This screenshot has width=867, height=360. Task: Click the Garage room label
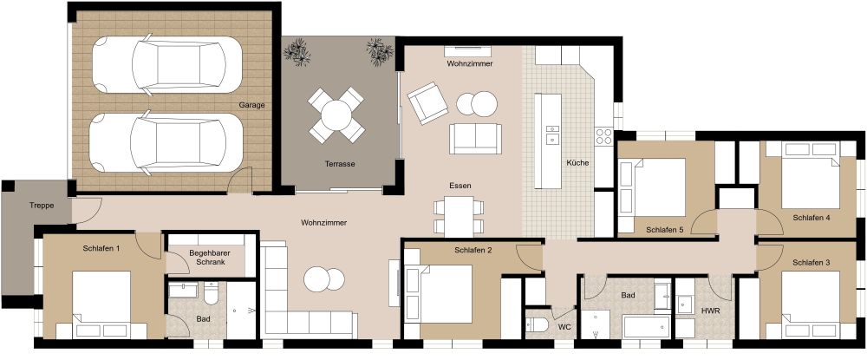pos(252,105)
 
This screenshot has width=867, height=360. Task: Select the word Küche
pos(577,163)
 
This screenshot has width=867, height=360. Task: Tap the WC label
pos(564,327)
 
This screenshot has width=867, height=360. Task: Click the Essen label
pos(460,186)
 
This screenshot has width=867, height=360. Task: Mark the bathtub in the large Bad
pos(646,329)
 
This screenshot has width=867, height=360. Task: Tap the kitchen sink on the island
pos(551,134)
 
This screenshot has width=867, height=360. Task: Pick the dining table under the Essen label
pos(460,216)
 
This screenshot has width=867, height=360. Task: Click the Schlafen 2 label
pos(473,251)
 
